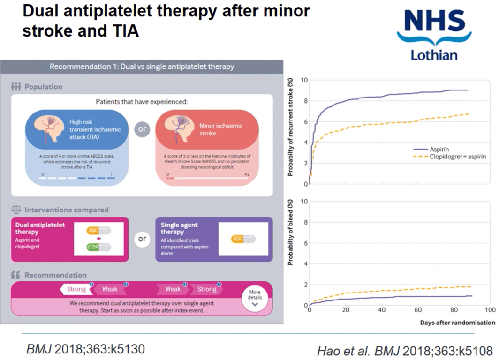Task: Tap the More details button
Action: (255, 298)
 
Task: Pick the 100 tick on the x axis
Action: (490, 310)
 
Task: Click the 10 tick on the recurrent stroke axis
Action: (302, 80)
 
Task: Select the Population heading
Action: (43, 87)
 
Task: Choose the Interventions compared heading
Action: (66, 210)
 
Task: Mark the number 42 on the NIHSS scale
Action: (247, 174)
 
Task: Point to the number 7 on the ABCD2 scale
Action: (111, 174)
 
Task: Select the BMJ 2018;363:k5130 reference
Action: (85, 349)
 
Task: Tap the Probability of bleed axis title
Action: (290, 233)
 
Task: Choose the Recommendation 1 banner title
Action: (142, 67)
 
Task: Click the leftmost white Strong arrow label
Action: (76, 289)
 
